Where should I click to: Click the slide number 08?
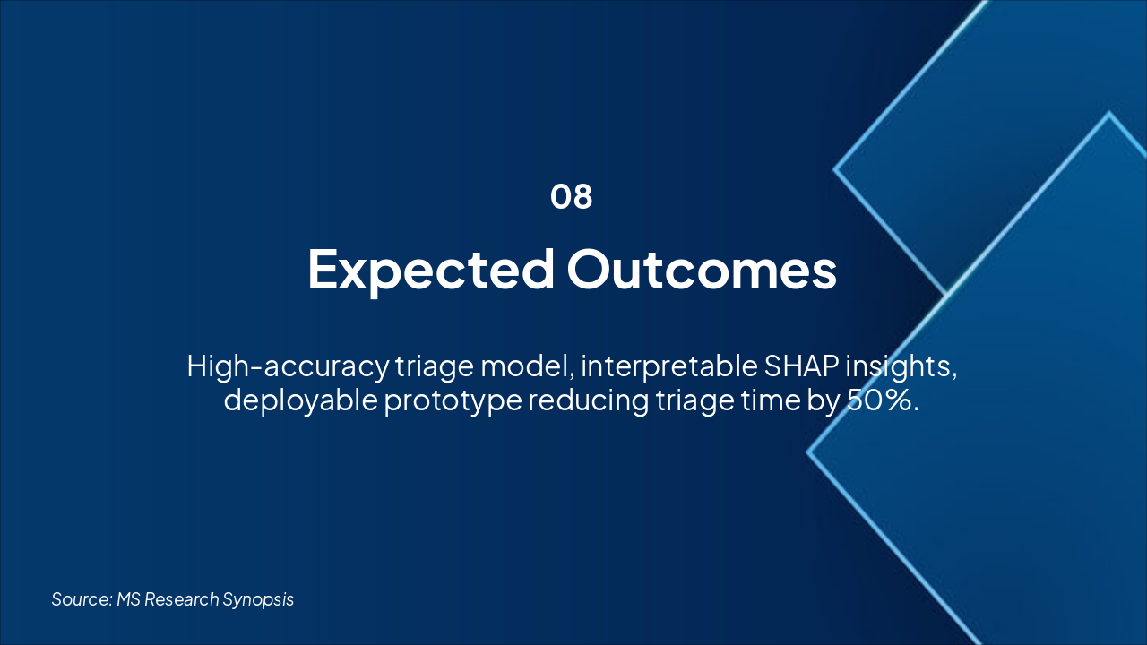(572, 196)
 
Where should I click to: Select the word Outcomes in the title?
(702, 270)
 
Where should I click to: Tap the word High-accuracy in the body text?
(288, 367)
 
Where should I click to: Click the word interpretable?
(669, 367)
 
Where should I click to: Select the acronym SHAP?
(801, 366)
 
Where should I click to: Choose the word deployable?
(301, 400)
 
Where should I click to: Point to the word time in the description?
(771, 400)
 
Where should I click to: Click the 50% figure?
(883, 400)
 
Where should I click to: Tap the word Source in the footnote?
(82, 599)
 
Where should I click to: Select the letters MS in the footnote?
(128, 599)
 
